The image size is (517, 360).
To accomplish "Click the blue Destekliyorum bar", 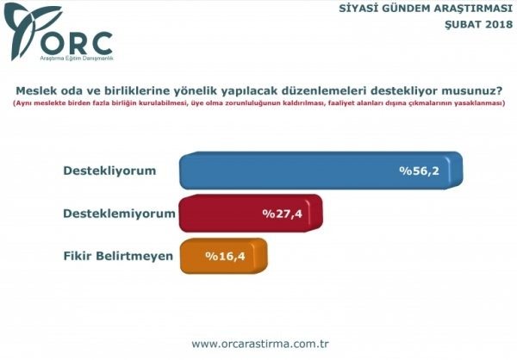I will pos(319,171).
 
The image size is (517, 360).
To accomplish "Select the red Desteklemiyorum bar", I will pos(250,213).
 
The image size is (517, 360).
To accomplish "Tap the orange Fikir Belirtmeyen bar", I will pos(224,256).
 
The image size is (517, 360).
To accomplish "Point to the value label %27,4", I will pos(282,213).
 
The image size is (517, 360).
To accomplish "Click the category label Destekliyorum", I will pos(110,171).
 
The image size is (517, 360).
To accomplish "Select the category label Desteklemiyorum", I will pos(120,212).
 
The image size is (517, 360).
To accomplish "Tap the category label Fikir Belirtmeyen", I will pos(119,255).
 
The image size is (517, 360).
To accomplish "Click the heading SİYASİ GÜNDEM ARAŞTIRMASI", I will pos(439,9).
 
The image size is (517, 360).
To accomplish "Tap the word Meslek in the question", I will pos(35,89).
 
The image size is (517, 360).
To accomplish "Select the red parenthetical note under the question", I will pos(258,103).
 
